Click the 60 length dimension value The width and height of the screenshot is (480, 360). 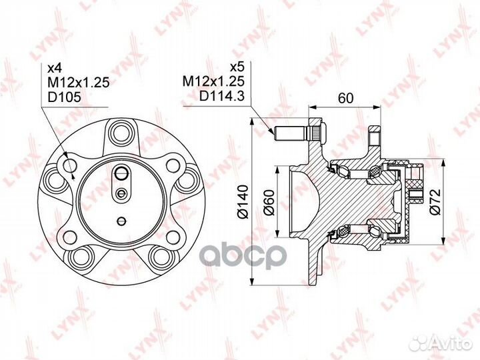345,99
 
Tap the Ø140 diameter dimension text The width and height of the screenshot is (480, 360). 243,204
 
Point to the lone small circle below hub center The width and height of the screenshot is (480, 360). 121,221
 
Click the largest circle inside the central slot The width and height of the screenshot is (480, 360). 121,175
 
